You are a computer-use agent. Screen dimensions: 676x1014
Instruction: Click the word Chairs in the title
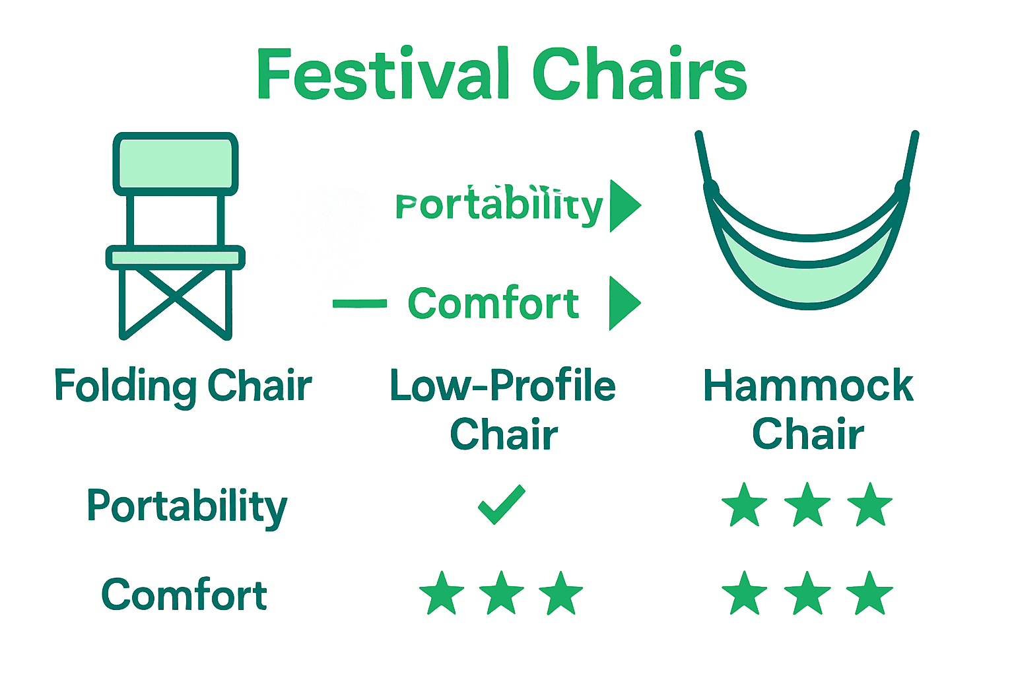tap(638, 74)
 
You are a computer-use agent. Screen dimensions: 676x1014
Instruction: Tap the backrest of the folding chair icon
tap(176, 163)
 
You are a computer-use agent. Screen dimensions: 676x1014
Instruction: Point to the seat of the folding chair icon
tap(176, 257)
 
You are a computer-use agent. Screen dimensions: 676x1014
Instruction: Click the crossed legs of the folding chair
tap(176, 301)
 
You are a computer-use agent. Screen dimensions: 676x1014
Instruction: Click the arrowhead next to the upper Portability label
tap(623, 205)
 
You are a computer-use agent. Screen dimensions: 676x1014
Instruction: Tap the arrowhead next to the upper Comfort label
tap(623, 303)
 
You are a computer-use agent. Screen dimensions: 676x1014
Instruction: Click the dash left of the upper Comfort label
tap(360, 304)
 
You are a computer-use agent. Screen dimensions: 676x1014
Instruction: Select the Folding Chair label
tap(183, 386)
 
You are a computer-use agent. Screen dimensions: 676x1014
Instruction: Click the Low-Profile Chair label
tap(503, 409)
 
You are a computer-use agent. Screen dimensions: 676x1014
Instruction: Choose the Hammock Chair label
tap(808, 409)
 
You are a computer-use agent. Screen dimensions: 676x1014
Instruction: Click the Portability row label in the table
tap(187, 507)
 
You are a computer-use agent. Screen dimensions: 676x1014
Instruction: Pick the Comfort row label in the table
tap(184, 595)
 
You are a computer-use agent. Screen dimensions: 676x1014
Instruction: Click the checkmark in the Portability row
tap(502, 505)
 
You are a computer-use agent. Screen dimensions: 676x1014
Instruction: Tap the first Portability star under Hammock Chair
tap(745, 505)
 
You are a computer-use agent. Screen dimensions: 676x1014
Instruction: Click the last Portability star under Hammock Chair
tap(870, 505)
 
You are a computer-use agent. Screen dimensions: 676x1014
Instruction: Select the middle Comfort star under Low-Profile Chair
tap(502, 593)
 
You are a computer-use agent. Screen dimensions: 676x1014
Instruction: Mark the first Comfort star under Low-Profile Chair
tap(442, 593)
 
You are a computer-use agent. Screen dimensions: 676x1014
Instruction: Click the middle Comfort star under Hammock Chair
tap(807, 593)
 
